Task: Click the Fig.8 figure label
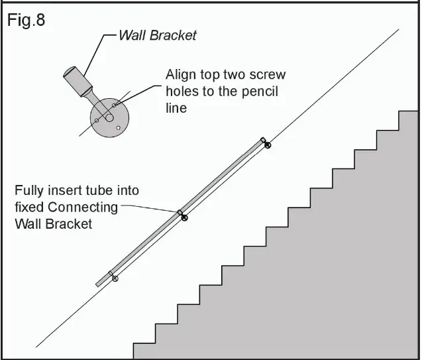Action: [x=26, y=21]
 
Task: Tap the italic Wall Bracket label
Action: [x=157, y=35]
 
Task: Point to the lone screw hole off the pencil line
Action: [x=119, y=127]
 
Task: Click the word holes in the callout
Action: [x=182, y=91]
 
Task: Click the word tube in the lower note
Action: [x=92, y=190]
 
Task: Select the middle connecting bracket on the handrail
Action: [x=182, y=215]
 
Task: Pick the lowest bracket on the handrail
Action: [x=113, y=276]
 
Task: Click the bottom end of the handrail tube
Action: [x=99, y=284]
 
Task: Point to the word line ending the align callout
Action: [x=176, y=107]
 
